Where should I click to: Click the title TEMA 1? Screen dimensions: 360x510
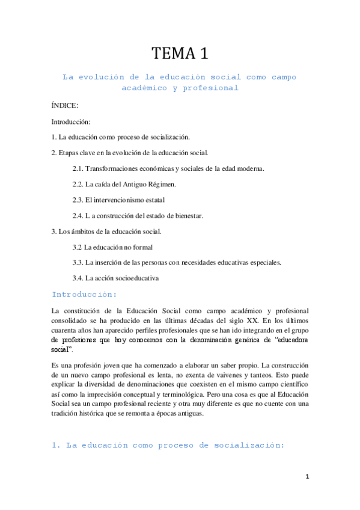(x=180, y=54)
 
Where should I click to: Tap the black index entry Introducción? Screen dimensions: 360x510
(x=71, y=121)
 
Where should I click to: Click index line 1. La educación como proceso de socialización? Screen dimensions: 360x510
(x=121, y=137)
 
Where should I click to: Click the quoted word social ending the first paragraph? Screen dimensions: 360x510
(x=61, y=349)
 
